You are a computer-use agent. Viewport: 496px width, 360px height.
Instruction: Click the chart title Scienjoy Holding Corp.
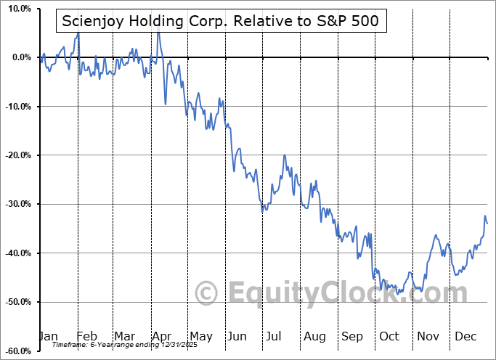tap(220, 21)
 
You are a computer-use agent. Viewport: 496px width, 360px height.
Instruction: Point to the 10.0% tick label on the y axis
tap(17, 9)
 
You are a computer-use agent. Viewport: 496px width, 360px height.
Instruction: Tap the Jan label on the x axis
tap(48, 337)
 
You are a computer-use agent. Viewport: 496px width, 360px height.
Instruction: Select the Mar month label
tap(125, 337)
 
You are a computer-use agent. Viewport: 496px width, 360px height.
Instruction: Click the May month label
tap(200, 337)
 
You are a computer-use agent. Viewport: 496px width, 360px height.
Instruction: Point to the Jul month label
tap(275, 337)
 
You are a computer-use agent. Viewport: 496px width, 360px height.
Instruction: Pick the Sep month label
tap(352, 337)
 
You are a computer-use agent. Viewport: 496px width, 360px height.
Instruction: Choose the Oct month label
tap(390, 337)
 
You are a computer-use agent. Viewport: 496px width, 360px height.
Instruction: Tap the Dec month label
tap(466, 337)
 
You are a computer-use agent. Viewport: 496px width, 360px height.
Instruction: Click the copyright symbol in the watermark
tap(208, 293)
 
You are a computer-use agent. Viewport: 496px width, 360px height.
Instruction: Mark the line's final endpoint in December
tap(487, 224)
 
